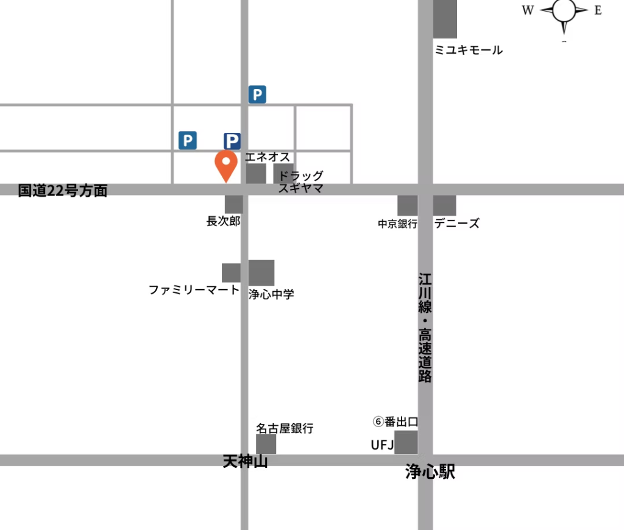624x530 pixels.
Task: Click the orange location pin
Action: click(226, 164)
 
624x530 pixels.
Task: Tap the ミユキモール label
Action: click(469, 50)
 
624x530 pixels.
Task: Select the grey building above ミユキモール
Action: click(445, 19)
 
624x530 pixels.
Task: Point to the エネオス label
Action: click(268, 157)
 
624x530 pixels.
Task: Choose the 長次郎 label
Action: click(224, 221)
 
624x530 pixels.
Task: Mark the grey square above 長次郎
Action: click(234, 204)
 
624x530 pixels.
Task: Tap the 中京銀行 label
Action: click(397, 224)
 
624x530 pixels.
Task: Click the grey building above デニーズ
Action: click(445, 205)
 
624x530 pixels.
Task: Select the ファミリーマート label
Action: click(194, 290)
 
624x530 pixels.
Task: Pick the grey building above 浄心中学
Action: click(261, 272)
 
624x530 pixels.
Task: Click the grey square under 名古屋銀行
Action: click(266, 444)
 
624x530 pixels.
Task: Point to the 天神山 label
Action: click(246, 462)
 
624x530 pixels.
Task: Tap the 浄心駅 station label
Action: click(430, 472)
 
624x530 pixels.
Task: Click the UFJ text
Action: click(383, 445)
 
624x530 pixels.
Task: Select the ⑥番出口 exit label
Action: click(395, 422)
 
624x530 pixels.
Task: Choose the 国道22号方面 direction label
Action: click(63, 191)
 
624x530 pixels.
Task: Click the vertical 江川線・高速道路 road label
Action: click(425, 328)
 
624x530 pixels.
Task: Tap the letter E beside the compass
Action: click(598, 10)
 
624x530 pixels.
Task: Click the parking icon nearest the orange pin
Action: click(232, 141)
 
